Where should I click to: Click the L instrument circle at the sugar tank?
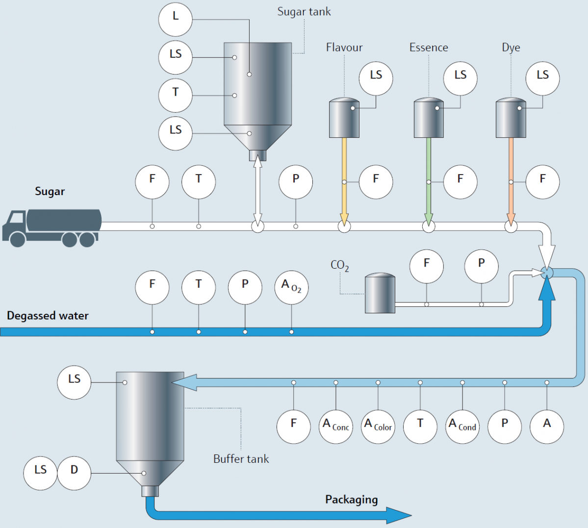coord(176,20)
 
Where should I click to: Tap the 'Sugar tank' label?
coord(304,12)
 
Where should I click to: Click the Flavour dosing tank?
coord(344,118)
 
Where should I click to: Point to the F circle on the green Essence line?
coord(460,182)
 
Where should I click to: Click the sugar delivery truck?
coord(52,227)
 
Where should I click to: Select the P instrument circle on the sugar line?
coord(296,182)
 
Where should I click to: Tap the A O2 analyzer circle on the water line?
coord(291,287)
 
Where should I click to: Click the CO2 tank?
coord(380,293)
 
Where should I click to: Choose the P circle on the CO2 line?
coord(482,266)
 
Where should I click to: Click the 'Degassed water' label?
coord(48,316)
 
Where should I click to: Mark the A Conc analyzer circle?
coord(335,427)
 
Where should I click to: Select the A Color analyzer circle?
coord(378,427)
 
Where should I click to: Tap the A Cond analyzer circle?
coord(462,427)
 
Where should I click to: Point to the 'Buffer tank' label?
coord(241,459)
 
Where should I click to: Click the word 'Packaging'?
coord(351,500)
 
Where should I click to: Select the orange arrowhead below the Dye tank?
coord(511,219)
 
